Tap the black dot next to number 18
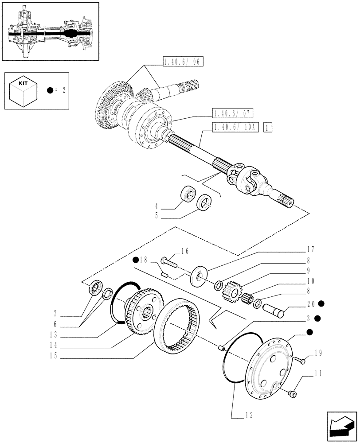point(134,260)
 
